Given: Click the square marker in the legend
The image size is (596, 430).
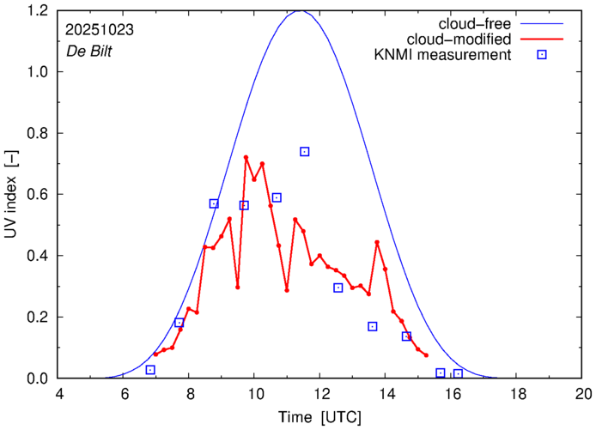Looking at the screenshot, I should click(543, 56).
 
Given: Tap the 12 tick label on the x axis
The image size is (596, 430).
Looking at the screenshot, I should click(321, 396).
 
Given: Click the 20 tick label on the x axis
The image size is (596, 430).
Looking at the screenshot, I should click(583, 396).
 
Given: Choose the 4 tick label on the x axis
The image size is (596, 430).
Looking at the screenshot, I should click(58, 396).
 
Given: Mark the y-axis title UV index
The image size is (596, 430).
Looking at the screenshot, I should click(12, 194).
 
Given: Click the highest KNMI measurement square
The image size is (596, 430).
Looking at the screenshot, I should click(305, 152).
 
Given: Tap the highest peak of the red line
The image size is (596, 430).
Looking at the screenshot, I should click(246, 157).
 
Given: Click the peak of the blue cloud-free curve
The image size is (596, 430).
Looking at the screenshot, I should click(299, 10).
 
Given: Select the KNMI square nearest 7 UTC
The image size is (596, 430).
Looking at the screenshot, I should click(150, 370).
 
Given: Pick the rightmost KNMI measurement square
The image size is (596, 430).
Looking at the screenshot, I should click(458, 373).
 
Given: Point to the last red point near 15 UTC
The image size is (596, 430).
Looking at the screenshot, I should click(426, 354).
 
